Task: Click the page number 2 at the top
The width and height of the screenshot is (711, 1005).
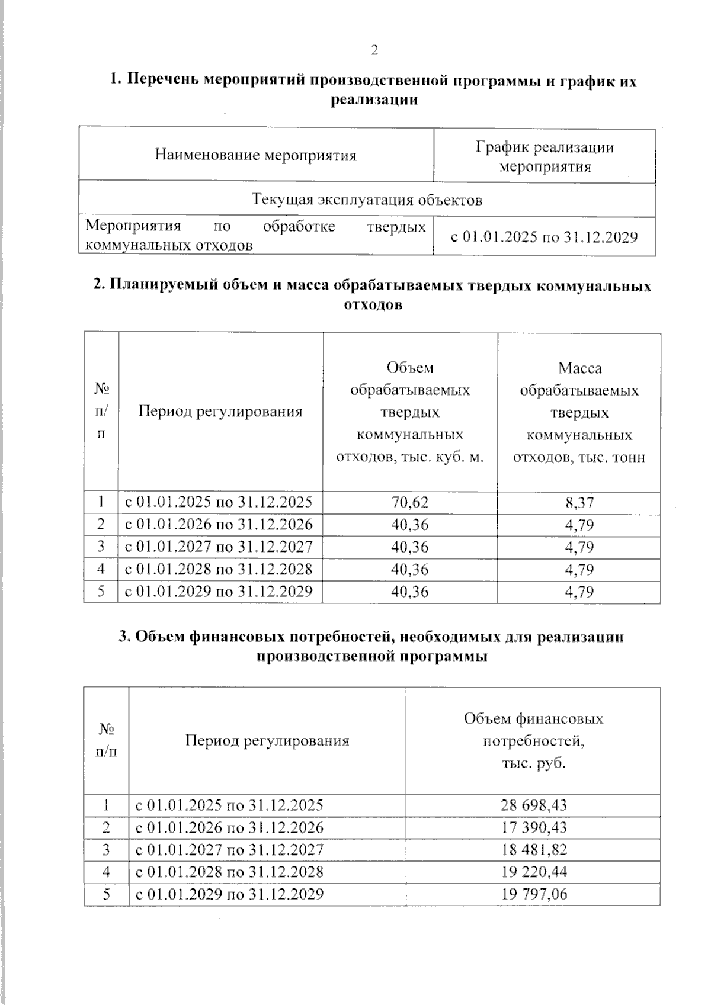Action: (374, 50)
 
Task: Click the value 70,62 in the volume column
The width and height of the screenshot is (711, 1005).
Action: (409, 503)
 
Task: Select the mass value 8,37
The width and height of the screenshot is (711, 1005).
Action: (579, 503)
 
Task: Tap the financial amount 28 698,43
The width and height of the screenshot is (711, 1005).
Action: (534, 805)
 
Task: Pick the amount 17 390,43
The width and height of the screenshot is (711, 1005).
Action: (534, 828)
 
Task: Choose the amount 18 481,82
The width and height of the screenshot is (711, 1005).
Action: (534, 850)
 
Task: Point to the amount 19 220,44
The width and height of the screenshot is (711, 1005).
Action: (534, 872)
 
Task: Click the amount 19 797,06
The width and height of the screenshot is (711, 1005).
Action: (534, 894)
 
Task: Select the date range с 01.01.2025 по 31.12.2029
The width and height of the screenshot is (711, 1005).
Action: (544, 237)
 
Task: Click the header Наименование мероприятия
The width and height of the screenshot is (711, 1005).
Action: (255, 156)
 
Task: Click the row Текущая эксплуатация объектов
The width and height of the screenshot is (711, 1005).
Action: (367, 200)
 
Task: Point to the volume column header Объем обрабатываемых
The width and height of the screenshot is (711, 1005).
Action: (410, 413)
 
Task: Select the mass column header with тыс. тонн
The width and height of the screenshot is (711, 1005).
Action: (579, 413)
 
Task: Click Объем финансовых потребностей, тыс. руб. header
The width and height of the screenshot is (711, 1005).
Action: (533, 741)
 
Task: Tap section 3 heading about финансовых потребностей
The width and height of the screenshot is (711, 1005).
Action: (371, 646)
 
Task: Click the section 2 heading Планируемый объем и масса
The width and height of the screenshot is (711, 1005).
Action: (372, 295)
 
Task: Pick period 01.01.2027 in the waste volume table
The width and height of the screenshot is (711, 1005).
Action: (218, 547)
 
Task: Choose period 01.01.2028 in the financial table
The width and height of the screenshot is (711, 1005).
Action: (229, 872)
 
